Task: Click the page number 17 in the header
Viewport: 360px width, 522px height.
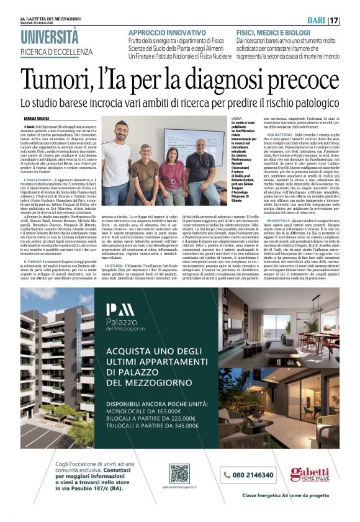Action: pyautogui.click(x=351, y=20)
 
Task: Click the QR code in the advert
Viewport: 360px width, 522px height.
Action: pyautogui.click(x=179, y=474)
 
